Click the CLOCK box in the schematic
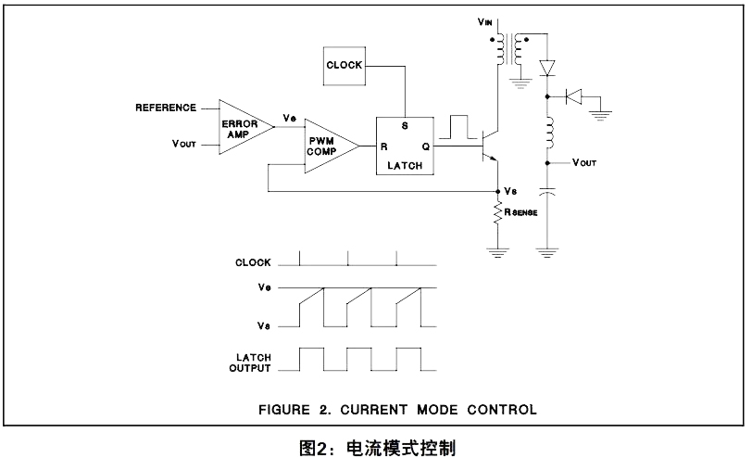tap(345, 66)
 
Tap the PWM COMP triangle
tap(332, 146)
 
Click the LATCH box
tap(405, 146)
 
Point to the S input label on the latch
tap(405, 126)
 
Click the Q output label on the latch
tap(425, 146)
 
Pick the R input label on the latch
tap(383, 146)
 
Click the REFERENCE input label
tap(166, 108)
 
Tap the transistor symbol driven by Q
tap(490, 146)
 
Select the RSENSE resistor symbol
tap(498, 213)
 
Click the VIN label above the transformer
tap(485, 21)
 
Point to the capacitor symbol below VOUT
tap(547, 192)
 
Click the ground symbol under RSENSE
tap(498, 253)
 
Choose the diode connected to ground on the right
tap(573, 96)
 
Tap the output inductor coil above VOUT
tap(548, 133)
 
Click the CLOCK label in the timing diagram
tap(253, 262)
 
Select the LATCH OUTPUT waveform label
tap(250, 363)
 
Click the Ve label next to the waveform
tap(264, 287)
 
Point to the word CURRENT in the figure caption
tap(373, 410)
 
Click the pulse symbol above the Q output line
tap(453, 127)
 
